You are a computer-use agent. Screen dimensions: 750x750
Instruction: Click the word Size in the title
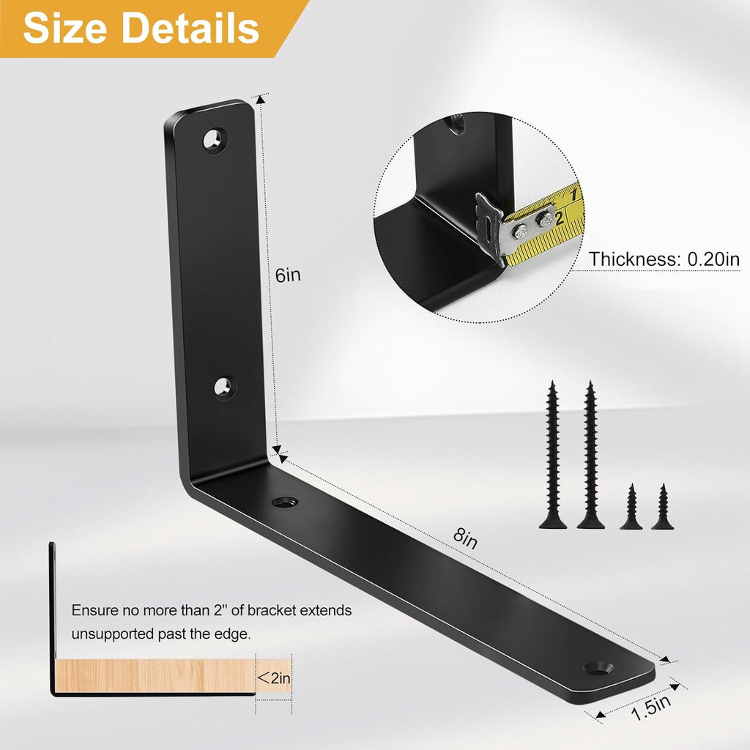(x=67, y=28)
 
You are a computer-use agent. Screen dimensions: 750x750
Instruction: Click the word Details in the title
(x=190, y=28)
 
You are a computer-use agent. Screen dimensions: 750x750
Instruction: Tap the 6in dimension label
(x=288, y=275)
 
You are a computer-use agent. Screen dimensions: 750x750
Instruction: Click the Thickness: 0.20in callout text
(x=664, y=259)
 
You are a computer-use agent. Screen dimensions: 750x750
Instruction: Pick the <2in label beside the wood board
(x=275, y=678)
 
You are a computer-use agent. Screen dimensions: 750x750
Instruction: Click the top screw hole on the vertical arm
(x=215, y=138)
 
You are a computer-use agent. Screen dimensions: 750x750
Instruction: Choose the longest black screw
(x=590, y=454)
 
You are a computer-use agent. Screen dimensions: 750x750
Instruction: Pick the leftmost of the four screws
(x=552, y=454)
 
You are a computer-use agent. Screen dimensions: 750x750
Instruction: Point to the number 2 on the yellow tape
(x=559, y=218)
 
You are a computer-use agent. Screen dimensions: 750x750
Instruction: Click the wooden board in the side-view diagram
(x=154, y=674)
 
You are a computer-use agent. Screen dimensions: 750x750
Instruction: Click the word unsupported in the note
(x=113, y=634)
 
